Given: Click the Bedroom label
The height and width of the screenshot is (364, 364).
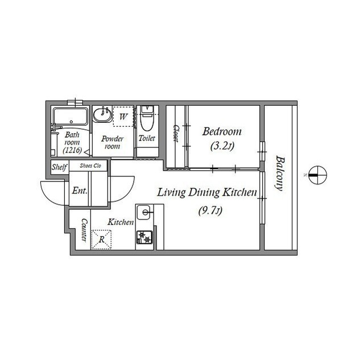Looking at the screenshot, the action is [222, 131].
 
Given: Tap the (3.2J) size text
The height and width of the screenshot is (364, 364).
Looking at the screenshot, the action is [222, 146].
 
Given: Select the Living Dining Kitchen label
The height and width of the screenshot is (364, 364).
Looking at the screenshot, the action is [207, 193].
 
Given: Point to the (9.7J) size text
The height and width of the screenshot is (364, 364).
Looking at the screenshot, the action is [210, 211].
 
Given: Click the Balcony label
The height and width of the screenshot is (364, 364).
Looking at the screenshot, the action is [280, 173].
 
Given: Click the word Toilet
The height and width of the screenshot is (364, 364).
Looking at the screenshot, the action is [147, 138].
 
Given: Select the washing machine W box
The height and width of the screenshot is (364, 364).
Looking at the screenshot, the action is [123, 116].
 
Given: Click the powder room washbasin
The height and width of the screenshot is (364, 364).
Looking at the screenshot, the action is [102, 114].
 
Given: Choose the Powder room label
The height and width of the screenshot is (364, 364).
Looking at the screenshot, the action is [113, 142].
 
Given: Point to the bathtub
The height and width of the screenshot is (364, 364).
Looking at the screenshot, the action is [71, 116].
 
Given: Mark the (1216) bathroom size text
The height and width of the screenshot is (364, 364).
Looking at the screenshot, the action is [73, 150].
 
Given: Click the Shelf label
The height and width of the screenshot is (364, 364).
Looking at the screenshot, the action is [59, 167].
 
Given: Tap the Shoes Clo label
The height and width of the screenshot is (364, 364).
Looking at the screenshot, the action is [90, 166].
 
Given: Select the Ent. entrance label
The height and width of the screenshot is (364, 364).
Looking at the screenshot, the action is [80, 191].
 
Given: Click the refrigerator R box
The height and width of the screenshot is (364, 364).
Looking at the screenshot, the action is [101, 239].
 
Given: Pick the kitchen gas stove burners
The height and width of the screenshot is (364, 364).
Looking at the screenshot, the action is [144, 237].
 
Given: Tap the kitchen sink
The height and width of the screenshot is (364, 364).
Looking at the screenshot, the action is [144, 212].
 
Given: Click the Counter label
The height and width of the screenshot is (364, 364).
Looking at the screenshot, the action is [84, 230].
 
